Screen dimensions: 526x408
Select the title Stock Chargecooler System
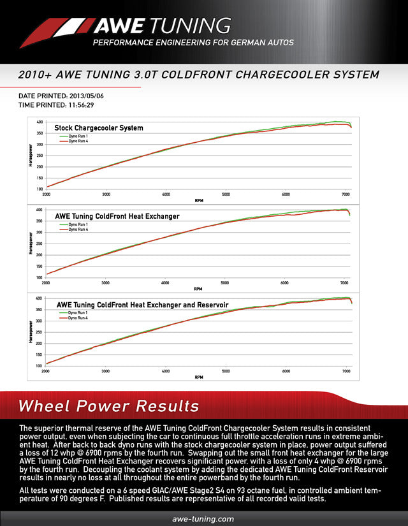pyautogui.click(x=99, y=128)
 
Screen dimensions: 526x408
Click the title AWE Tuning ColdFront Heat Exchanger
pyautogui.click(x=117, y=216)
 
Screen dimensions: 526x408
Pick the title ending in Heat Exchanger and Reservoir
pyautogui.click(x=142, y=304)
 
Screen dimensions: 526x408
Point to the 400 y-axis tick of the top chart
pyautogui.click(x=40, y=122)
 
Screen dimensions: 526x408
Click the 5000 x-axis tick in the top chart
pyautogui.click(x=226, y=194)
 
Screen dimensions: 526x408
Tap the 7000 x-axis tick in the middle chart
pyautogui.click(x=345, y=282)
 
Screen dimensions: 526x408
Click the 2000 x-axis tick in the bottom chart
pyautogui.click(x=46, y=370)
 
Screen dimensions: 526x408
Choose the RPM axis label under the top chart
pyautogui.click(x=198, y=200)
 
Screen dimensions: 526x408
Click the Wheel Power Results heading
pyautogui.click(x=108, y=406)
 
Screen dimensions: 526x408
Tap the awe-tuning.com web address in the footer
pyautogui.click(x=203, y=519)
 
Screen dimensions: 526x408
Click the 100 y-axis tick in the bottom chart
pyautogui.click(x=40, y=365)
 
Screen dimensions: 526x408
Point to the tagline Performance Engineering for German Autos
pyautogui.click(x=193, y=43)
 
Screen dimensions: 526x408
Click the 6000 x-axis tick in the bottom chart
pyautogui.click(x=286, y=370)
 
